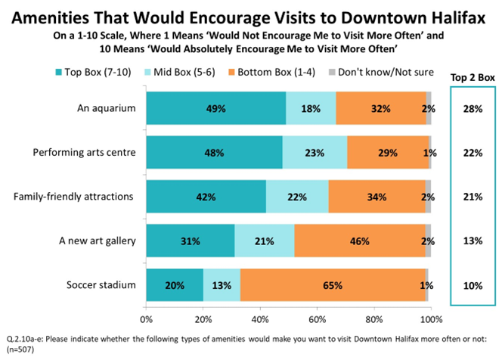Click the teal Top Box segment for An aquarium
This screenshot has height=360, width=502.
point(215,108)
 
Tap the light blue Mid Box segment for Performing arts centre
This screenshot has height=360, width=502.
point(315,152)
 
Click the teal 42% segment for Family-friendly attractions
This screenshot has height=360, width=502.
point(206,197)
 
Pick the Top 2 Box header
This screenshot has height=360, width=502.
point(473,76)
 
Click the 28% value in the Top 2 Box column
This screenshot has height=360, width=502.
point(473,108)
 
